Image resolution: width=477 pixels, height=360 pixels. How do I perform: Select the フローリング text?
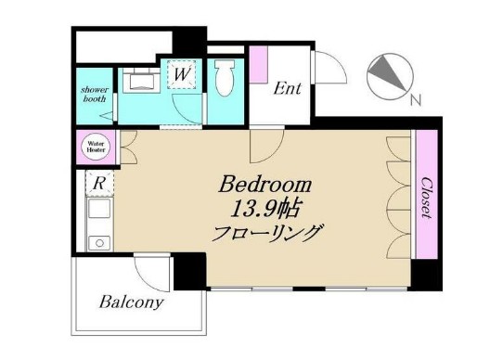point(266,232)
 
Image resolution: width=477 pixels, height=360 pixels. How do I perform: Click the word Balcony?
point(132,302)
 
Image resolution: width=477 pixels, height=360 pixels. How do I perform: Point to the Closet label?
point(425,197)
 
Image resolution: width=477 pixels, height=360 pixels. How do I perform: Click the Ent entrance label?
point(287,89)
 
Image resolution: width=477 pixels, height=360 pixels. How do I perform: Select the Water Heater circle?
point(96,146)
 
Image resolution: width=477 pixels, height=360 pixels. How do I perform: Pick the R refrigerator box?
point(99,183)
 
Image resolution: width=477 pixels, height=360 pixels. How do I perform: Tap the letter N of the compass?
point(417,100)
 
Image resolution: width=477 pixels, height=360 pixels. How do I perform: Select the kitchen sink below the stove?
point(97,243)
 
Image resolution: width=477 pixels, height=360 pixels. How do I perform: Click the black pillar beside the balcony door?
point(189,271)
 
